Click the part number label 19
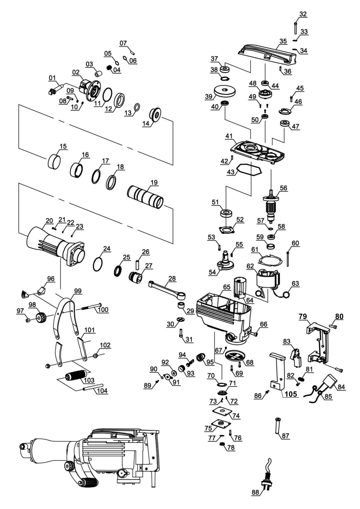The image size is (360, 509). tap(155, 182)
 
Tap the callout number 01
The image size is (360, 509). tap(52, 78)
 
